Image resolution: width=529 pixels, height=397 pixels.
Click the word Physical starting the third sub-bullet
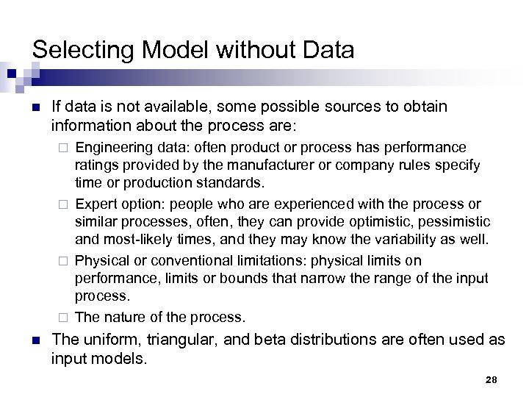click(x=99, y=261)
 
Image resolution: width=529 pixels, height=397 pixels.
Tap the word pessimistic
click(x=450, y=223)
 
